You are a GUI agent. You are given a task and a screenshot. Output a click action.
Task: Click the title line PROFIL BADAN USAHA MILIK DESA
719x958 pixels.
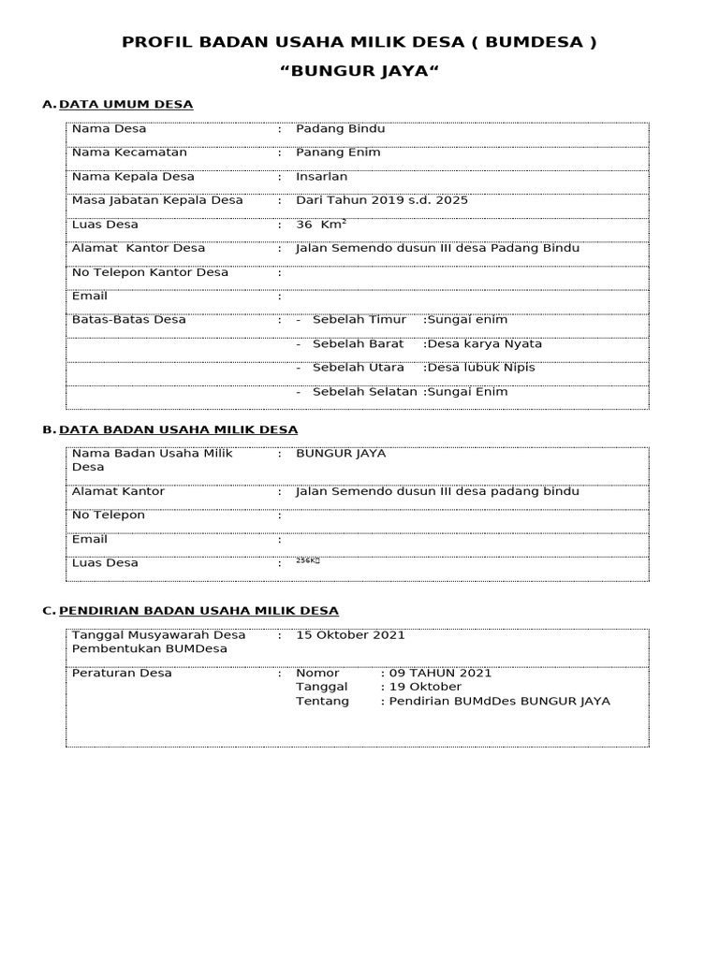[359, 42]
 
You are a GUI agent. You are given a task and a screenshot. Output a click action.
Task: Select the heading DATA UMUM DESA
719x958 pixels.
[125, 104]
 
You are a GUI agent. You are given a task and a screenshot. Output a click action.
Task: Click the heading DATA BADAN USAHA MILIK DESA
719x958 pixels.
[178, 429]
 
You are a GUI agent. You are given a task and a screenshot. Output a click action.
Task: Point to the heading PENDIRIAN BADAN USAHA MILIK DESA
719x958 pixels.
[198, 610]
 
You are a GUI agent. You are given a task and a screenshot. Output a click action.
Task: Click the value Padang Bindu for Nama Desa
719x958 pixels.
[340, 129]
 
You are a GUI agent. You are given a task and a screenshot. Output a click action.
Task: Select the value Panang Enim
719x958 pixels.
[338, 152]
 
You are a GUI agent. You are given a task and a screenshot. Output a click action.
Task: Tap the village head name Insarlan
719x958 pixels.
[321, 176]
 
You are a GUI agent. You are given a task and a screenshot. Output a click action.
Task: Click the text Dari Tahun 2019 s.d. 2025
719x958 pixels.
[381, 200]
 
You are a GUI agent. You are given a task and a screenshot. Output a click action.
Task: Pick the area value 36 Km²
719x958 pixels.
[320, 225]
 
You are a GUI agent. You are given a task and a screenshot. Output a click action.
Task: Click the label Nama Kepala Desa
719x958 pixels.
[133, 176]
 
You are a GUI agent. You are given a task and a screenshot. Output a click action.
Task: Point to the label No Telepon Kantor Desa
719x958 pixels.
[150, 272]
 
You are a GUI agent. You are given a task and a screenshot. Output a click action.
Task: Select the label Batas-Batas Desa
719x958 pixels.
[128, 319]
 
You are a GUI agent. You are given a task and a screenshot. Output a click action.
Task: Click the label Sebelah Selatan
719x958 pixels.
[364, 392]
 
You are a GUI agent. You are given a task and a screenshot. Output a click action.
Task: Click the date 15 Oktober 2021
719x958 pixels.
[350, 635]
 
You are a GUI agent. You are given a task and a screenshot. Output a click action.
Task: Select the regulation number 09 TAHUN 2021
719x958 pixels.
[439, 673]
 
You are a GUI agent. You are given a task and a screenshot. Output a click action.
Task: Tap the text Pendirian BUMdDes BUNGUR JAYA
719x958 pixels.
[499, 701]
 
